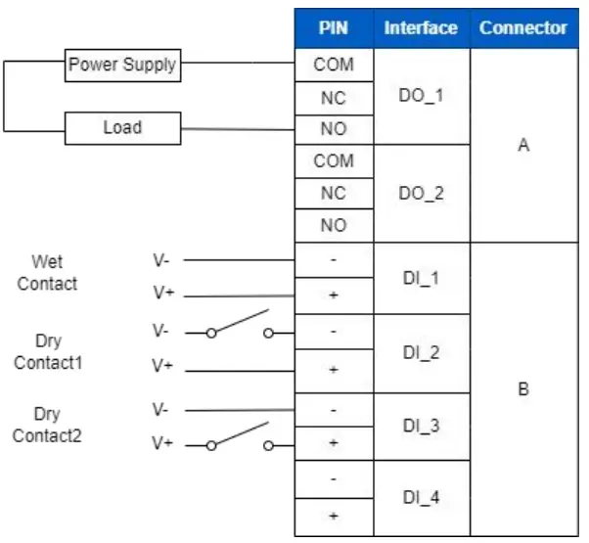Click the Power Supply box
[122, 66]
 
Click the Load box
[122, 127]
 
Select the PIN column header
[334, 27]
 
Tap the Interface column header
[421, 27]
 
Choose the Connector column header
[523, 27]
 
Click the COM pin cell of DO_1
[334, 66]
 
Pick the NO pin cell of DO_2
[334, 225]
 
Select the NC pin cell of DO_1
[334, 98]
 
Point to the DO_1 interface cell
[421, 97]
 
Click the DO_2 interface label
[421, 193]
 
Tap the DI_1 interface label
[421, 278]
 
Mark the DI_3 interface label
[421, 426]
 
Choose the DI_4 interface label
[421, 497]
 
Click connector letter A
[523, 145]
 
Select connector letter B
[523, 388]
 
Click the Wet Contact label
[47, 273]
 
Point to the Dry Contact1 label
[47, 352]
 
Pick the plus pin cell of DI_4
[334, 516]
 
